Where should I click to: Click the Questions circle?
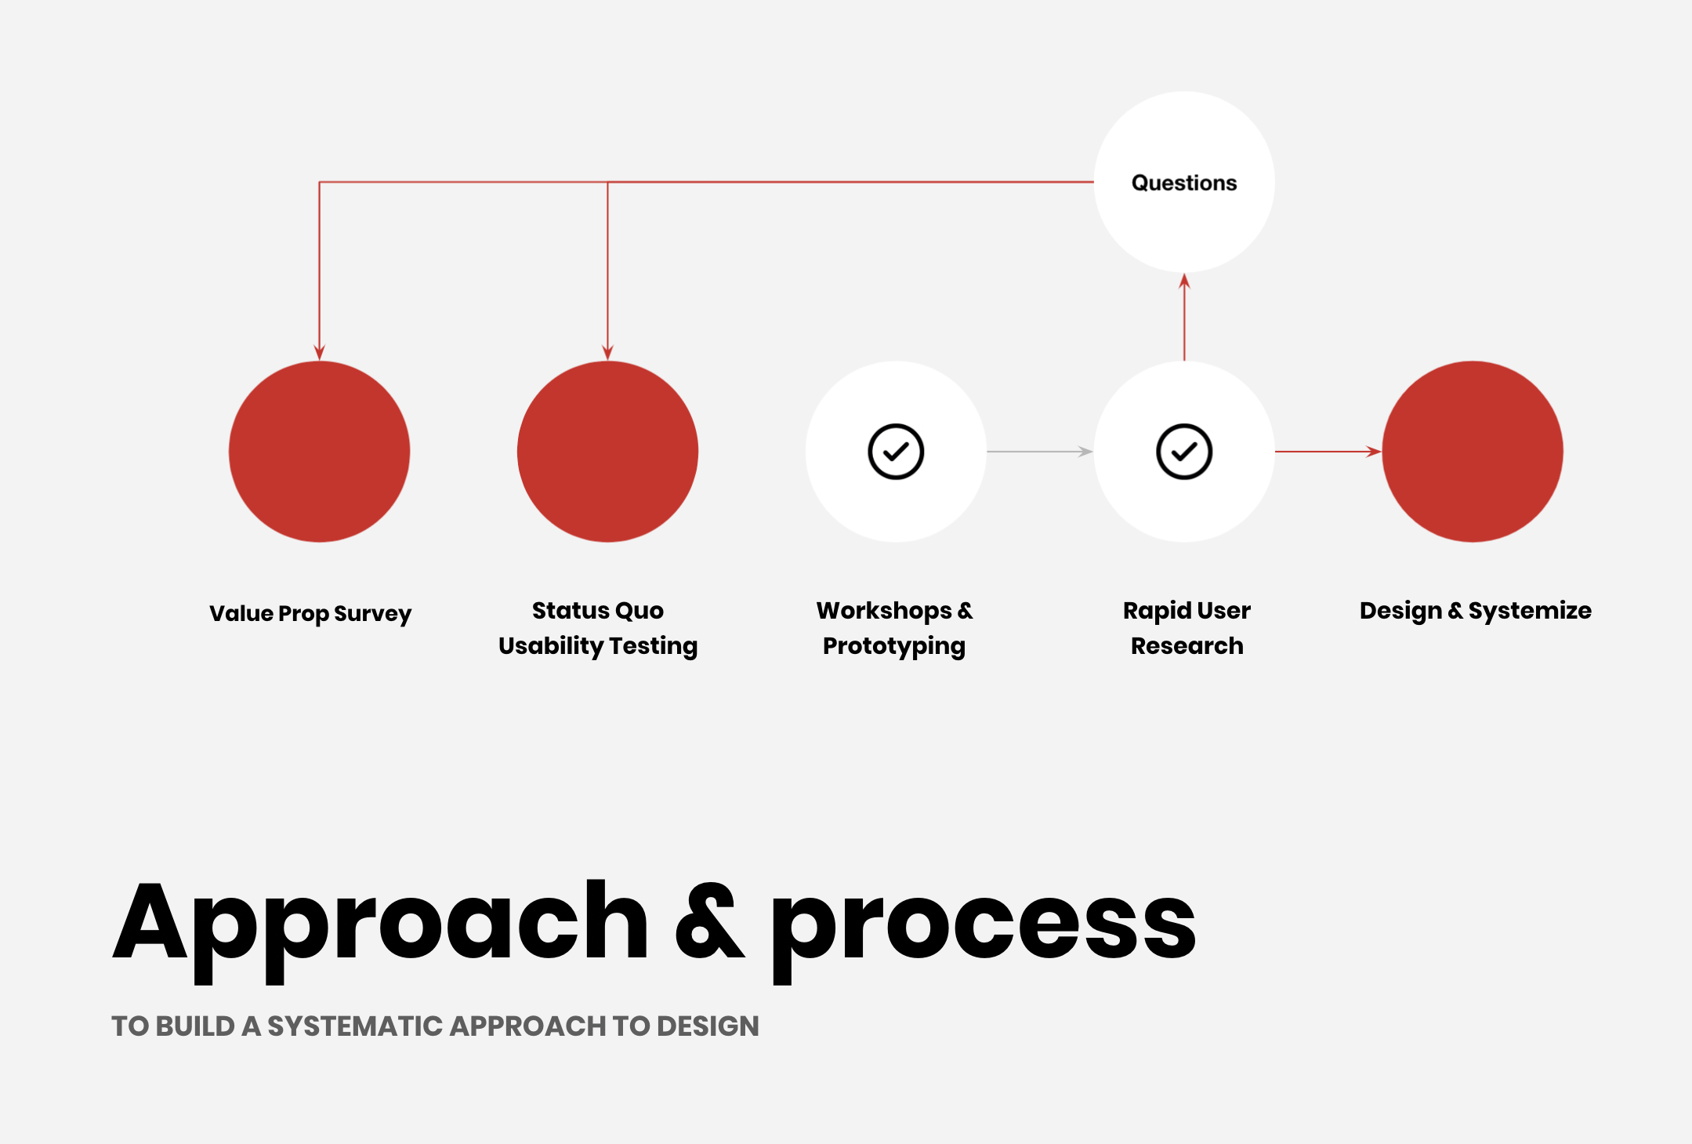point(1183,182)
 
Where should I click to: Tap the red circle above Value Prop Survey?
point(319,452)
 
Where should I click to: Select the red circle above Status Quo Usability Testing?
point(607,452)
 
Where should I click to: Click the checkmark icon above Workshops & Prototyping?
point(896,452)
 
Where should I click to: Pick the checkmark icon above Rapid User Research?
point(1184,452)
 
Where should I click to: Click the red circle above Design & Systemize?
point(1473,452)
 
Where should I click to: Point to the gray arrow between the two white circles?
point(1039,452)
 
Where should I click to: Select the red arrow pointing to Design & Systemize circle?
point(1328,452)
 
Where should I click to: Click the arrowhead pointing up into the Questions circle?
point(1184,281)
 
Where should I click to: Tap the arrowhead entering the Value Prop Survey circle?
point(319,352)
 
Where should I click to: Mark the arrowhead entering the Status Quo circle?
point(607,352)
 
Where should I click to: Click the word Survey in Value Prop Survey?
point(372,613)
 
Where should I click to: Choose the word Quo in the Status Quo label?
point(639,610)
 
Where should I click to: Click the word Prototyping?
point(893,646)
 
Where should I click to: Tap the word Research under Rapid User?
point(1187,646)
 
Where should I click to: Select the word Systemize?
point(1529,610)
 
